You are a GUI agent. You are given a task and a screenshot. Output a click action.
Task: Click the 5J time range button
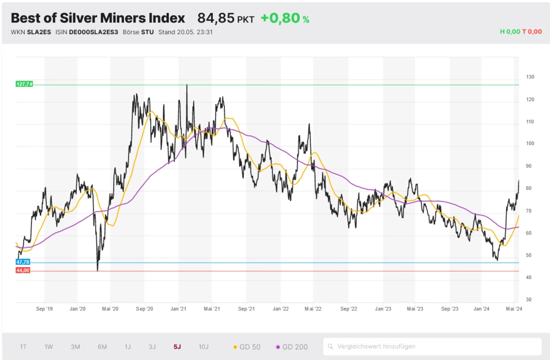coord(177,347)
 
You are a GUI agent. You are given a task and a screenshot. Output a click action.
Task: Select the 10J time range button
coord(204,347)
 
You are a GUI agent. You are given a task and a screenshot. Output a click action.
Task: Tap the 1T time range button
coord(23,347)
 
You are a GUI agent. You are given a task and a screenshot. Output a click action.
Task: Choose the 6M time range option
coord(102,347)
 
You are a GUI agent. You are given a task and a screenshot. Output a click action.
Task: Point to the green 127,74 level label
coord(24,84)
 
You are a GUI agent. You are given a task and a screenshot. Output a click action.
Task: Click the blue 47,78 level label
coord(23,263)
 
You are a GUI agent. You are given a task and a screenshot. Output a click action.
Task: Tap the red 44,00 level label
coord(23,270)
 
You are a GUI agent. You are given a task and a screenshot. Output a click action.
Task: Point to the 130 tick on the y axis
coord(530,77)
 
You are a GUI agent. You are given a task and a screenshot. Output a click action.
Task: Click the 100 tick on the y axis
coord(530,144)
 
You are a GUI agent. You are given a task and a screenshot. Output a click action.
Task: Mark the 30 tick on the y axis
coord(529,300)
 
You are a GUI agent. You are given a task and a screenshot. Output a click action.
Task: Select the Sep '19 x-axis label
coord(44,309)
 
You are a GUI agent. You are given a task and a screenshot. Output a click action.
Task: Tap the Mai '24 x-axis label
coord(514,309)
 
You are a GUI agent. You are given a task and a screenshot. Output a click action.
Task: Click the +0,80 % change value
coord(284,18)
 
